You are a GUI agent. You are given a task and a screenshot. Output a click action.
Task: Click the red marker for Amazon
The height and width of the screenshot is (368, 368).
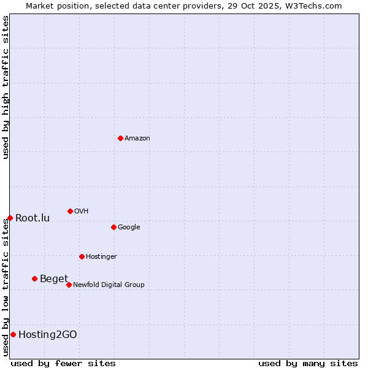tap(120, 138)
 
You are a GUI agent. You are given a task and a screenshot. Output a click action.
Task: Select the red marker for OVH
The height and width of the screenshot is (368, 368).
tap(70, 211)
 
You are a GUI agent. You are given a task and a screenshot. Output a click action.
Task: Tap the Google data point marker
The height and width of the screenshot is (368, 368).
tap(113, 227)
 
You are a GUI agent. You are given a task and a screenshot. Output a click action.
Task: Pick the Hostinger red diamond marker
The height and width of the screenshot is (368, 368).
tap(82, 256)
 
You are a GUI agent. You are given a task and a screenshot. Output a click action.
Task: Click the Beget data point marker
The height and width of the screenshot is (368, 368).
tap(34, 278)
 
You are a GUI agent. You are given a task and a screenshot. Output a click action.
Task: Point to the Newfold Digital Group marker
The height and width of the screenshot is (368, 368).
tap(69, 285)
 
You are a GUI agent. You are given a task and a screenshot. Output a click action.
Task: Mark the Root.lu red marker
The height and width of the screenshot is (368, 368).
tap(10, 218)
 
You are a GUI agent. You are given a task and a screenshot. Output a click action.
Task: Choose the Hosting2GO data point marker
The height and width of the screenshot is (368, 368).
tap(13, 334)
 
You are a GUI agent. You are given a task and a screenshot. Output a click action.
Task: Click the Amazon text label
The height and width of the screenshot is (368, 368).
tap(137, 138)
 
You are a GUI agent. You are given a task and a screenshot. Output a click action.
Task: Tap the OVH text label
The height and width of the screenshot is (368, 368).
tap(82, 211)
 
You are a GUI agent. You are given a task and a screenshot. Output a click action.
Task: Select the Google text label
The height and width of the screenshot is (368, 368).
tap(129, 227)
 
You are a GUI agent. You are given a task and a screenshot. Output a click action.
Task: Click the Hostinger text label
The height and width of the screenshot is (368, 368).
tap(101, 256)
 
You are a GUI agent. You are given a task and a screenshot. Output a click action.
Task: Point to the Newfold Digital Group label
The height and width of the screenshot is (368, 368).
tap(109, 285)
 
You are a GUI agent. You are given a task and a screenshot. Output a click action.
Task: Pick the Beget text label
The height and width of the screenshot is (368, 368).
tap(54, 279)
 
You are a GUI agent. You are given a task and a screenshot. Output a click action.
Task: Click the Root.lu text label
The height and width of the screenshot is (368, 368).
tap(33, 218)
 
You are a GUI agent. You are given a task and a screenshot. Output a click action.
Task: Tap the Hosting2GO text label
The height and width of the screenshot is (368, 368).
tap(48, 335)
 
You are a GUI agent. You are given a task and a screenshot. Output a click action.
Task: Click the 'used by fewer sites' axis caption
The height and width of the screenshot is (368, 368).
tap(63, 363)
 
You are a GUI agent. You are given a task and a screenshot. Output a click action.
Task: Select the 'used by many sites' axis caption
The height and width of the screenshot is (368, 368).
tap(308, 363)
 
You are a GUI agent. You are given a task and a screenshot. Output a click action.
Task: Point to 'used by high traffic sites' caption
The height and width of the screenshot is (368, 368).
tap(6, 87)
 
